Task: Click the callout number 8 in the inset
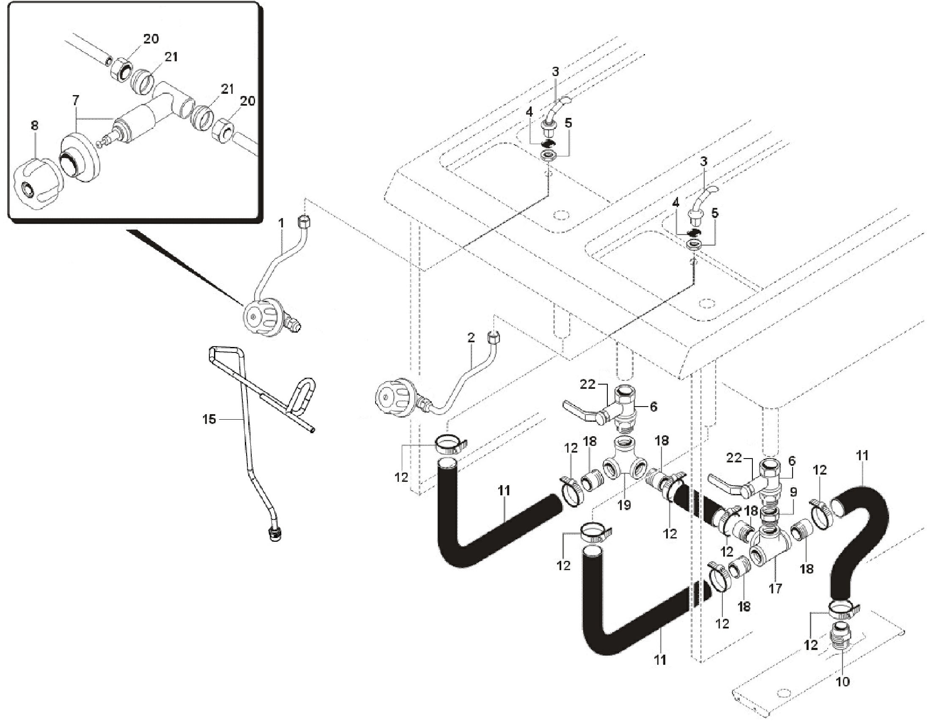[35, 126]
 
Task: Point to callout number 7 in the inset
[76, 101]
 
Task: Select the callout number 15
[209, 420]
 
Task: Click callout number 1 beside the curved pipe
[281, 224]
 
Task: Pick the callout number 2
[471, 338]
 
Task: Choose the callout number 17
[775, 589]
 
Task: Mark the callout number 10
[842, 682]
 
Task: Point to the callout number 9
[793, 493]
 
